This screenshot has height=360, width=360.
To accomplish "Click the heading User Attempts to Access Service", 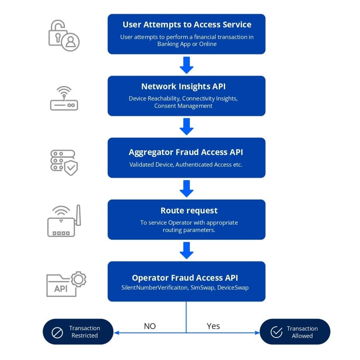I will click(x=187, y=25).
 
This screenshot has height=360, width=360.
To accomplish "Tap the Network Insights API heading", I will click(x=186, y=87).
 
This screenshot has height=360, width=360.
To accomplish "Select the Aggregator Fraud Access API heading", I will click(x=186, y=152).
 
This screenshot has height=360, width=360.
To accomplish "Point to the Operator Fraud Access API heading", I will click(x=185, y=278).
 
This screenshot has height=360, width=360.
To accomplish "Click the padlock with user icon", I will click(x=64, y=35).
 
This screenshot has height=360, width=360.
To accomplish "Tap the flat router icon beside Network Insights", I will click(x=64, y=99).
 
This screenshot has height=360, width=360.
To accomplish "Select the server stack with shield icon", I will click(x=64, y=162).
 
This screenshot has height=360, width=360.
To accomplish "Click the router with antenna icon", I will click(x=64, y=222).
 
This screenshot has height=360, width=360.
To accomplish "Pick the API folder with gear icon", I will click(x=65, y=284).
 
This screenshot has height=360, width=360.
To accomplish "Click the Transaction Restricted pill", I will click(x=78, y=332).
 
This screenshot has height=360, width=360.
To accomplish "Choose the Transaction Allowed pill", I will click(x=295, y=332).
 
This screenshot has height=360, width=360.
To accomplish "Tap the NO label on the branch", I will click(x=150, y=326).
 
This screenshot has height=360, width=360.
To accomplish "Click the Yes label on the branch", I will click(x=213, y=326).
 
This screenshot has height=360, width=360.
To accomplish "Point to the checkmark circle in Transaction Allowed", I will click(x=276, y=332).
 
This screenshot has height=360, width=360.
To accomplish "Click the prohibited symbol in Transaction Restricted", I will click(x=57, y=332).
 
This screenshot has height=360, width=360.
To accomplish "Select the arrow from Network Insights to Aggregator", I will click(x=186, y=126).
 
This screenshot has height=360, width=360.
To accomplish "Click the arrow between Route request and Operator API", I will click(x=186, y=250).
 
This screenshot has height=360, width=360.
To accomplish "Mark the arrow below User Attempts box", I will click(x=186, y=65).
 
